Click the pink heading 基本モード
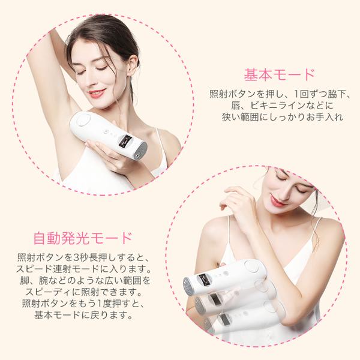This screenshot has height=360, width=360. [278, 75]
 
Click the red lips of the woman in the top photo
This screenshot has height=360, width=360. [97, 93]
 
